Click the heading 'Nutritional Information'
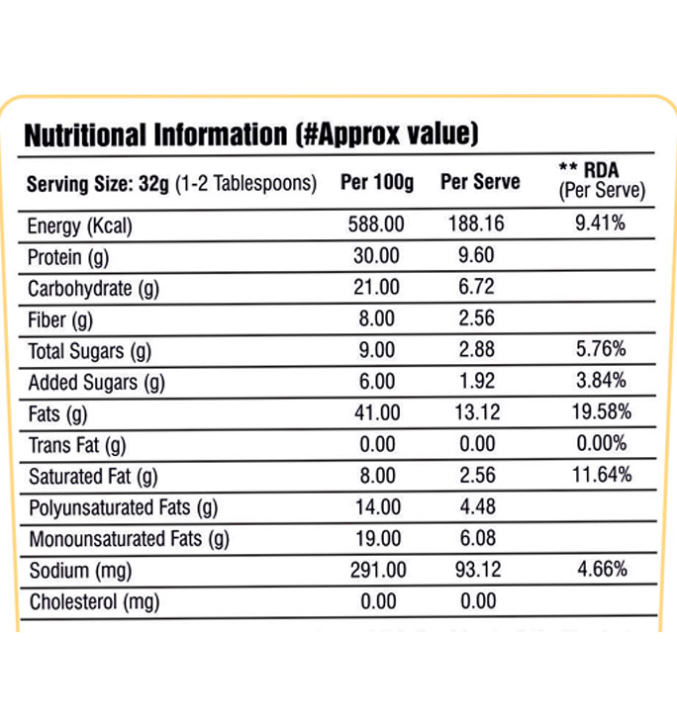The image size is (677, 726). [x=153, y=135]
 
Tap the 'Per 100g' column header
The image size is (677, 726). [x=376, y=183]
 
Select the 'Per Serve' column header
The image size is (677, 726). [x=480, y=183]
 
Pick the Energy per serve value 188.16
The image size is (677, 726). [x=476, y=225]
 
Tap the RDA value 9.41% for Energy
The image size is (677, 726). [x=600, y=225]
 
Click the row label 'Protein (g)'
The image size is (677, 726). [x=68, y=256]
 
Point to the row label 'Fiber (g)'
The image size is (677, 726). [x=60, y=319]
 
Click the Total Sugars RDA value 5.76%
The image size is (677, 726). [x=600, y=351]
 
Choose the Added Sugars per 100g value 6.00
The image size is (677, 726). [x=376, y=382]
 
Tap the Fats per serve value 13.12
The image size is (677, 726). [x=476, y=413]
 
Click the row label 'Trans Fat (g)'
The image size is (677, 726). [x=77, y=445]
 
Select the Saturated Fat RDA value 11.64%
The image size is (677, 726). [x=600, y=476]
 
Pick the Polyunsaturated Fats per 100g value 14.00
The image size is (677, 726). [x=376, y=507]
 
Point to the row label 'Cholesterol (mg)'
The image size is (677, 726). [x=94, y=601]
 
